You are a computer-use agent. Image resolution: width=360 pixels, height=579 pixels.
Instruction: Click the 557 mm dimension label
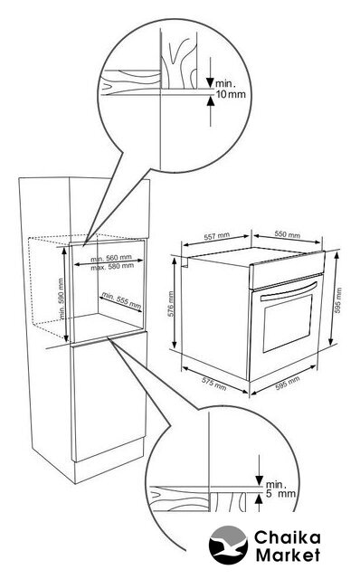pos(217,236)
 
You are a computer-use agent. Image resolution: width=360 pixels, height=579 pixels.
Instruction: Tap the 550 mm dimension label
pos(288,235)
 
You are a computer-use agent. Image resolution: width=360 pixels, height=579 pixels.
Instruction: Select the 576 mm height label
pos(171,304)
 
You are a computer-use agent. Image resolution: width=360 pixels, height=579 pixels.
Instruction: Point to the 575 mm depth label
pos(214,384)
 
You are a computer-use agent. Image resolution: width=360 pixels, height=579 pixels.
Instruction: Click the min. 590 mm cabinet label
pos(62,299)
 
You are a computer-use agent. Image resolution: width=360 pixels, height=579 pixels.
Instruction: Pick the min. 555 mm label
pos(121,300)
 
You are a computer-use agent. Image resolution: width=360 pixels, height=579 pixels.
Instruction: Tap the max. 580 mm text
pos(112,266)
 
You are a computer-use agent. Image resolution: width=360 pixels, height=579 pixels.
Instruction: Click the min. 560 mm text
pos(111,258)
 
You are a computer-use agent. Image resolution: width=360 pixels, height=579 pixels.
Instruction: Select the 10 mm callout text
pos(231,94)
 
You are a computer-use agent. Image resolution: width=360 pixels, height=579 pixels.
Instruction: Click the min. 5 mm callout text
pos(280,489)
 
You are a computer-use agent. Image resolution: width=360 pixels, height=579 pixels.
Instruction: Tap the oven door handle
pos(289,291)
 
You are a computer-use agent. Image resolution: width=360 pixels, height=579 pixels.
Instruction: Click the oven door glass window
pos(288,324)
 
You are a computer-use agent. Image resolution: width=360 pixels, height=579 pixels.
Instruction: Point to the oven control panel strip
pos(288,270)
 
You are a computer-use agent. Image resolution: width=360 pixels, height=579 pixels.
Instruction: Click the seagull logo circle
pos(228,545)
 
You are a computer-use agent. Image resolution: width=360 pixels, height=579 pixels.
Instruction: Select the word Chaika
pos(288,537)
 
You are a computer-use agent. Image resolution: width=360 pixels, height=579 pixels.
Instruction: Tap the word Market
pos(289,555)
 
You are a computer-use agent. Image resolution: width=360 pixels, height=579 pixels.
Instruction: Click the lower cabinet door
pos(109,396)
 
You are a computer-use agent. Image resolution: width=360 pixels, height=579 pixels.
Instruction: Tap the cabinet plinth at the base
pos(109,460)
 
